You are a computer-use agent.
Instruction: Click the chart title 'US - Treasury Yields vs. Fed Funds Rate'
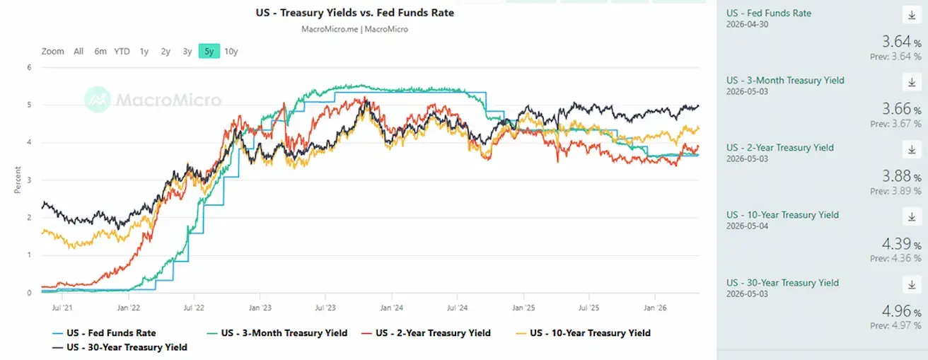(354, 13)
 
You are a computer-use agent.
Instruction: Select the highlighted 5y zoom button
(209, 51)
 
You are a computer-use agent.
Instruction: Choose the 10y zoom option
(231, 52)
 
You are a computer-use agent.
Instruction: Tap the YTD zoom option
(122, 52)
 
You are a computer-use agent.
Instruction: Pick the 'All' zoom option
(79, 52)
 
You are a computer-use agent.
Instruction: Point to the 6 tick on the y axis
(29, 67)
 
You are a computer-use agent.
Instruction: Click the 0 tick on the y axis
(29, 293)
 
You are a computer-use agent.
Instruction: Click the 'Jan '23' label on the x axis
(260, 308)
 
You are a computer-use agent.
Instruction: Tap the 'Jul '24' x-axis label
(457, 308)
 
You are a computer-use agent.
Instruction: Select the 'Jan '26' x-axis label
(655, 308)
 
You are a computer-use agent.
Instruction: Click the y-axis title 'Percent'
(18, 180)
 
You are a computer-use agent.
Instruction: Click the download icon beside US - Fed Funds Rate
(912, 15)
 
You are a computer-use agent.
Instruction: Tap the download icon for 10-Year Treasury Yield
(912, 216)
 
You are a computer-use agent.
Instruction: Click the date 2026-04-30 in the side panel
(748, 25)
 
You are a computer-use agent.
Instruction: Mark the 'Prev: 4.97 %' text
(895, 325)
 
